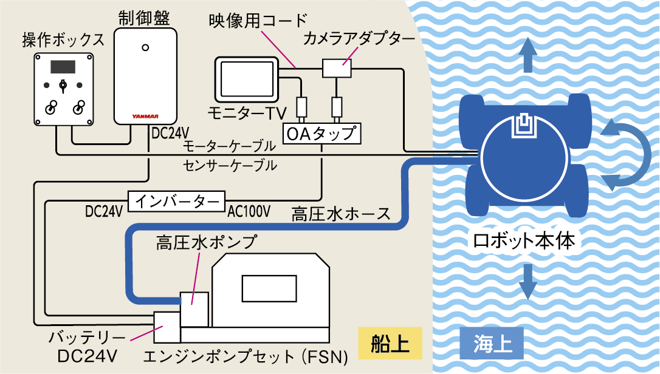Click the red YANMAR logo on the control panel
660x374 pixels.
pyautogui.click(x=145, y=115)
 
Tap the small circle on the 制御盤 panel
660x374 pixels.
pyautogui.click(x=145, y=47)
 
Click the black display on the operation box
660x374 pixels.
pyautogui.click(x=63, y=66)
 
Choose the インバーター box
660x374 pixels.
pyautogui.click(x=176, y=200)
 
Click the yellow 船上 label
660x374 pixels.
pyautogui.click(x=390, y=344)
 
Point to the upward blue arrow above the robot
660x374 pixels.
pyautogui.click(x=528, y=55)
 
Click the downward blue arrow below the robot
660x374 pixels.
pyautogui.click(x=528, y=280)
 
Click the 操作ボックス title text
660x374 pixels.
pyautogui.click(x=63, y=40)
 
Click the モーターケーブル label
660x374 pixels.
pyautogui.click(x=229, y=146)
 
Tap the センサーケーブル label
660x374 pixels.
pyautogui.click(x=229, y=164)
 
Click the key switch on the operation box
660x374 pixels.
pyautogui.click(x=63, y=85)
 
